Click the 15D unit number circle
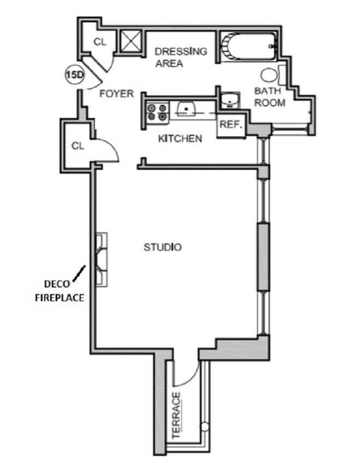click(72, 75)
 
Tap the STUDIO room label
click(163, 247)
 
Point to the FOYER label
click(116, 94)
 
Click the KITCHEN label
click(179, 139)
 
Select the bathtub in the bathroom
click(248, 47)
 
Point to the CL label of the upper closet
click(99, 42)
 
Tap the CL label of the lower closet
click(79, 146)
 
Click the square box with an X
click(130, 41)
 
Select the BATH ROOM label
click(269, 98)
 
